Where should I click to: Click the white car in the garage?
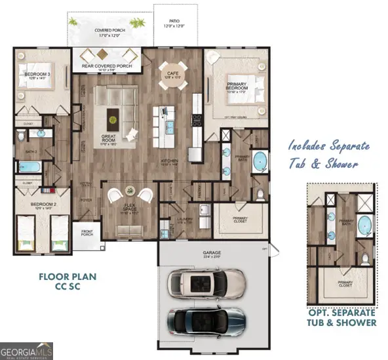click(206, 283)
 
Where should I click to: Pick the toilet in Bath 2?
click(21, 136)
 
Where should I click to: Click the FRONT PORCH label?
click(88, 232)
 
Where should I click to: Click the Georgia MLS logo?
click(28, 350)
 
